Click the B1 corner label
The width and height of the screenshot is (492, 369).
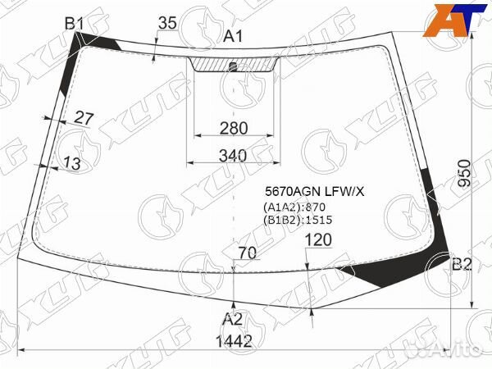point(75,24)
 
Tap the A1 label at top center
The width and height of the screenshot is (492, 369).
point(233,37)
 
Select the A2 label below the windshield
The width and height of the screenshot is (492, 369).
point(233,320)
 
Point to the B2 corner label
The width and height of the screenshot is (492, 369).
point(462,265)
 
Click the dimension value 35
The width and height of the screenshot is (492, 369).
point(167,23)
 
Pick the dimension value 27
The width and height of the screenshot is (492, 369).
point(84,119)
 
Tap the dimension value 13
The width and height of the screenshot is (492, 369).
point(72,163)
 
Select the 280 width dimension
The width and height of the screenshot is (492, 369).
point(234,129)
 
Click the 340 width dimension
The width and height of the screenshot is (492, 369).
point(233,156)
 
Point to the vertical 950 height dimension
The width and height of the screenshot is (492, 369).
point(464,173)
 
